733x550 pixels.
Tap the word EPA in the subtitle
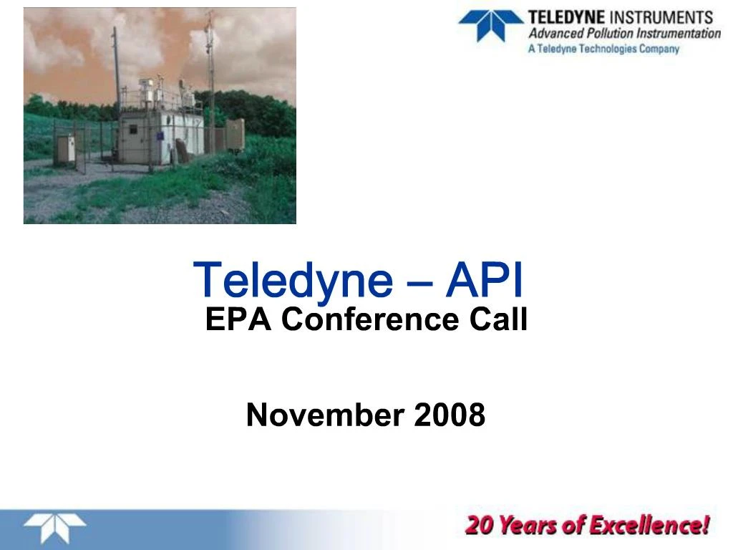tap(238, 319)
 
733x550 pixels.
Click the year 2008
tap(450, 415)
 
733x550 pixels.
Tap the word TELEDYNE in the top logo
tap(566, 17)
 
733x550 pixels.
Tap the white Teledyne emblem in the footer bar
tap(54, 529)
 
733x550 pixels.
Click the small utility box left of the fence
tap(65, 149)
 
